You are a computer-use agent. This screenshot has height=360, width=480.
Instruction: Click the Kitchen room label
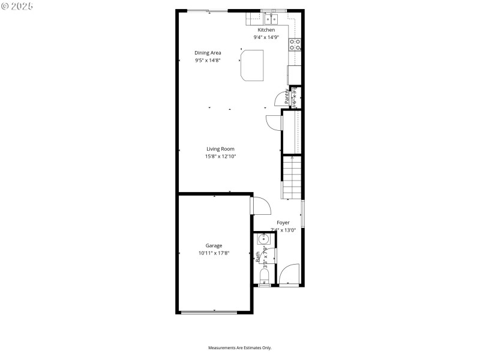[x=266, y=30]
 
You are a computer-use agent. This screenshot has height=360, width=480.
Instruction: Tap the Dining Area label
[x=208, y=53]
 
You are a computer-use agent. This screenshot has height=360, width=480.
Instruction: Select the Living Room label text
[x=220, y=149]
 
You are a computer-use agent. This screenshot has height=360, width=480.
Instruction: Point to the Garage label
[x=214, y=245]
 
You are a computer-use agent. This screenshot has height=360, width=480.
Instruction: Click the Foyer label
[x=283, y=223]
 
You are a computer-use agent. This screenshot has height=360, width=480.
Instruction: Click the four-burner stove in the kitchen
[x=295, y=44]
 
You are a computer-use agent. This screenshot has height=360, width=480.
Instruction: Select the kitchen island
[x=253, y=65]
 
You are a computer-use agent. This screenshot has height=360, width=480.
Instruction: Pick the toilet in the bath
[x=264, y=277]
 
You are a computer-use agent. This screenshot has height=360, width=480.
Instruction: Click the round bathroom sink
[x=263, y=239]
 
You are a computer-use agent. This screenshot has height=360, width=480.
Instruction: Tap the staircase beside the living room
[x=292, y=177]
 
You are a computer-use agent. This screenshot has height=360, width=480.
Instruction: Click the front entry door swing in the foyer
[x=289, y=276]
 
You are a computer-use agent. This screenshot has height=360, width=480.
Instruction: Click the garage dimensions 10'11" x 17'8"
[x=214, y=253]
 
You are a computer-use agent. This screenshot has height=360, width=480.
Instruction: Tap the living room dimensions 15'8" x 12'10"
[x=220, y=157]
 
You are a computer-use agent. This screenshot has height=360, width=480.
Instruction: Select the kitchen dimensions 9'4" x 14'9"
[x=266, y=37]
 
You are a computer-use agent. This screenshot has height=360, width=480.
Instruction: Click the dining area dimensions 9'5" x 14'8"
[x=208, y=60]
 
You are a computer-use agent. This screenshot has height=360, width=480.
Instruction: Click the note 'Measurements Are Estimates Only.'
[x=240, y=348]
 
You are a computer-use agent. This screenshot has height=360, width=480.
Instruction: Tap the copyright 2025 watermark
[x=17, y=5]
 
